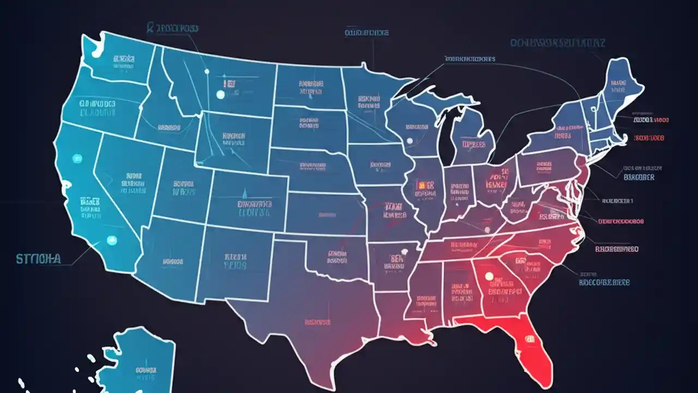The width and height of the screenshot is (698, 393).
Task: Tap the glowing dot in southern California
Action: (112, 239)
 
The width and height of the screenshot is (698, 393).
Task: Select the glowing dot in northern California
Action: (77, 158)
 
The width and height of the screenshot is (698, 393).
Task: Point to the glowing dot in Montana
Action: (220, 94)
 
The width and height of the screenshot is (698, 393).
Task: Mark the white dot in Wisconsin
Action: (410, 141)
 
